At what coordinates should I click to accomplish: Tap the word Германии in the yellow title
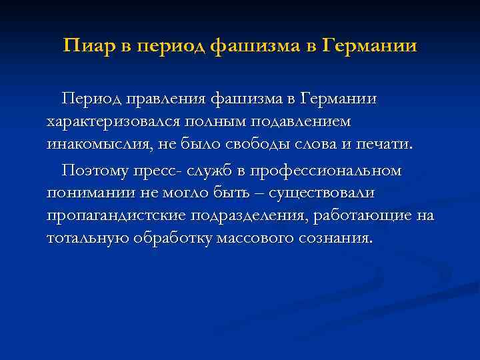pyautogui.click(x=369, y=47)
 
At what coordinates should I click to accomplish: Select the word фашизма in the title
pyautogui.click(x=253, y=47)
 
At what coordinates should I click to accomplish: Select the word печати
pyautogui.click(x=386, y=146)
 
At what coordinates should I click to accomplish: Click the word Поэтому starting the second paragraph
pyautogui.click(x=96, y=171)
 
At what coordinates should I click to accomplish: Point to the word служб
pyautogui.click(x=215, y=171)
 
